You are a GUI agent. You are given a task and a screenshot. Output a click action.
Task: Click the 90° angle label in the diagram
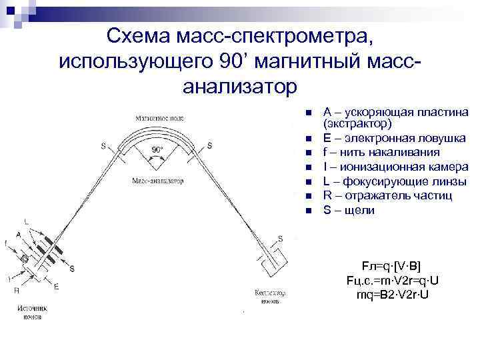coord(157,150)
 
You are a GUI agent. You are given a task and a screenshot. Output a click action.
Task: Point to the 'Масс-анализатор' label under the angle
coord(157,181)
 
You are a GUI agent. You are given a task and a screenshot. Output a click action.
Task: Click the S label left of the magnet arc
coord(103,145)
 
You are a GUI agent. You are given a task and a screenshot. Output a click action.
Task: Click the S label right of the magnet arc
coord(209,145)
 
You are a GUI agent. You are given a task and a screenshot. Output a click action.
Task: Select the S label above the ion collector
coord(280,238)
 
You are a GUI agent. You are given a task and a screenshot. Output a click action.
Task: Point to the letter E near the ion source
coord(56,287)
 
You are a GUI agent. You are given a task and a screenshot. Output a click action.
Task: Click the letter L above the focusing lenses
coord(26,220)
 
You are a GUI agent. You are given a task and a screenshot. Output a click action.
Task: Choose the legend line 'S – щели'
coord(349,210)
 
